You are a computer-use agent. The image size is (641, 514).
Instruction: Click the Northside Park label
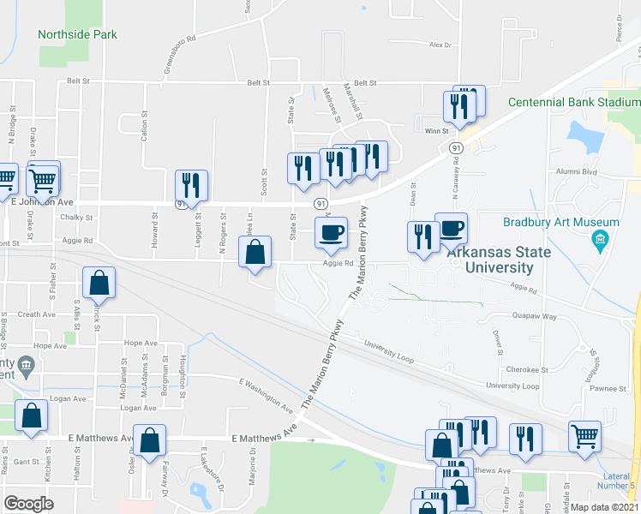coord(77,34)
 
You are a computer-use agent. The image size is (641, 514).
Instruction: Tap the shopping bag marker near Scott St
coord(255,252)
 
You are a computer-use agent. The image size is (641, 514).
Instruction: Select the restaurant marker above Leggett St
coord(191,184)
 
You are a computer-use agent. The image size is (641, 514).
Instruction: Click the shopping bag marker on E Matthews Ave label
coord(150,440)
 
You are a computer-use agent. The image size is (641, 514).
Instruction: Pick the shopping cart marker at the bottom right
coord(584,434)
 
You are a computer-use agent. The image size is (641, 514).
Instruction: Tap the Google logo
coord(28,504)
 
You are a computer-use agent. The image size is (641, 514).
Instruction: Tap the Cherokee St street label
coord(527,370)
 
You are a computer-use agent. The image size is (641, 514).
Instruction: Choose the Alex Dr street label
coord(440,45)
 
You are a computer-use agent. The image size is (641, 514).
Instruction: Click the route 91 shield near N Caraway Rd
coord(452,148)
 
